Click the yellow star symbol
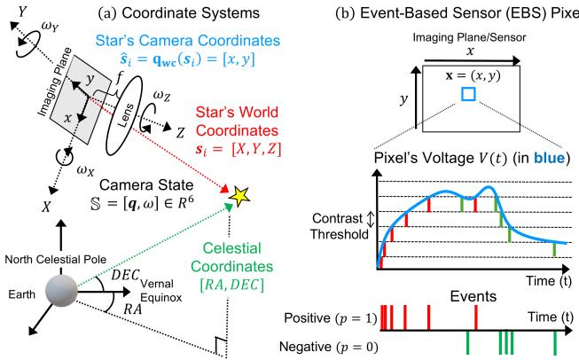[238, 192]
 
